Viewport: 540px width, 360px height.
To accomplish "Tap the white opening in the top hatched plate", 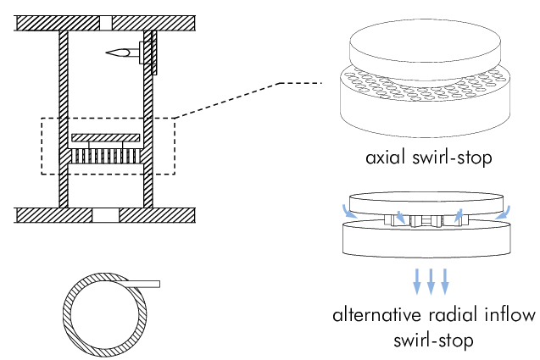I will (x=105, y=21).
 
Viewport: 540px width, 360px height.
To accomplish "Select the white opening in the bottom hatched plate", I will (x=105, y=214).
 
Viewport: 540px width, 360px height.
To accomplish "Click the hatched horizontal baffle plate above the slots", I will (x=105, y=136).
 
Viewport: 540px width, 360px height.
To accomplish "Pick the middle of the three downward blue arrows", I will (x=431, y=279).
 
